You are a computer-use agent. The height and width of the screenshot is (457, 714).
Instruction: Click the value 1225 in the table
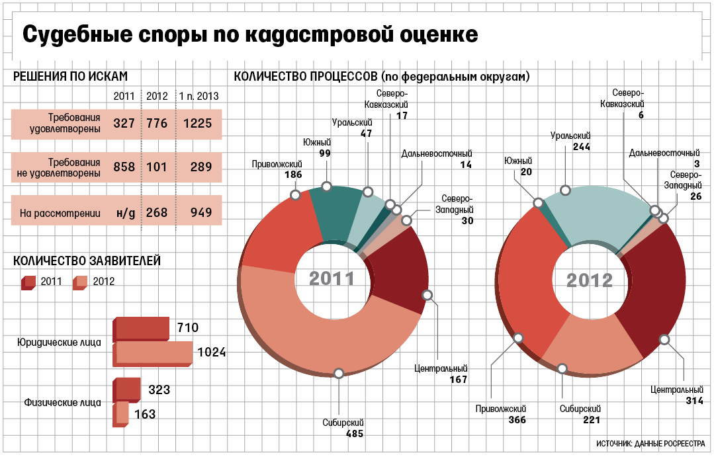pyautogui.click(x=198, y=124)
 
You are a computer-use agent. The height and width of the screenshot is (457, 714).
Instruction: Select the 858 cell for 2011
pyautogui.click(x=124, y=167)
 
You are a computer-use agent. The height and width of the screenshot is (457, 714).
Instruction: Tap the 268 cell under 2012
pyautogui.click(x=157, y=212)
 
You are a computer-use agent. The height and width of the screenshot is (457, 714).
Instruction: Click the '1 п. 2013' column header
pyautogui.click(x=199, y=97)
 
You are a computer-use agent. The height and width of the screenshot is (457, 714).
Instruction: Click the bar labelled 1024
pyautogui.click(x=154, y=354)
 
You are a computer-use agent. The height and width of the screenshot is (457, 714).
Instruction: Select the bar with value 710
pyautogui.click(x=142, y=329)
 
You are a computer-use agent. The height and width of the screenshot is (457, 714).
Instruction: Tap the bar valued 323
pyautogui.click(x=128, y=388)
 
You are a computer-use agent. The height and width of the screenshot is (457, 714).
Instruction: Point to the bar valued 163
pyautogui.click(x=122, y=413)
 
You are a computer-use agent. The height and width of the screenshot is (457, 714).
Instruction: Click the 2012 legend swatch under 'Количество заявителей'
pyautogui.click(x=80, y=282)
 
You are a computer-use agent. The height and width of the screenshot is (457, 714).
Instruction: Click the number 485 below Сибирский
pyautogui.click(x=354, y=435)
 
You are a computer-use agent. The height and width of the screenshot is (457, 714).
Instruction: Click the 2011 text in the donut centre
pyautogui.click(x=332, y=278)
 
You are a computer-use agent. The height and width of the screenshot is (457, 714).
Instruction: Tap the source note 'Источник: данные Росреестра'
pyautogui.click(x=651, y=443)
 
